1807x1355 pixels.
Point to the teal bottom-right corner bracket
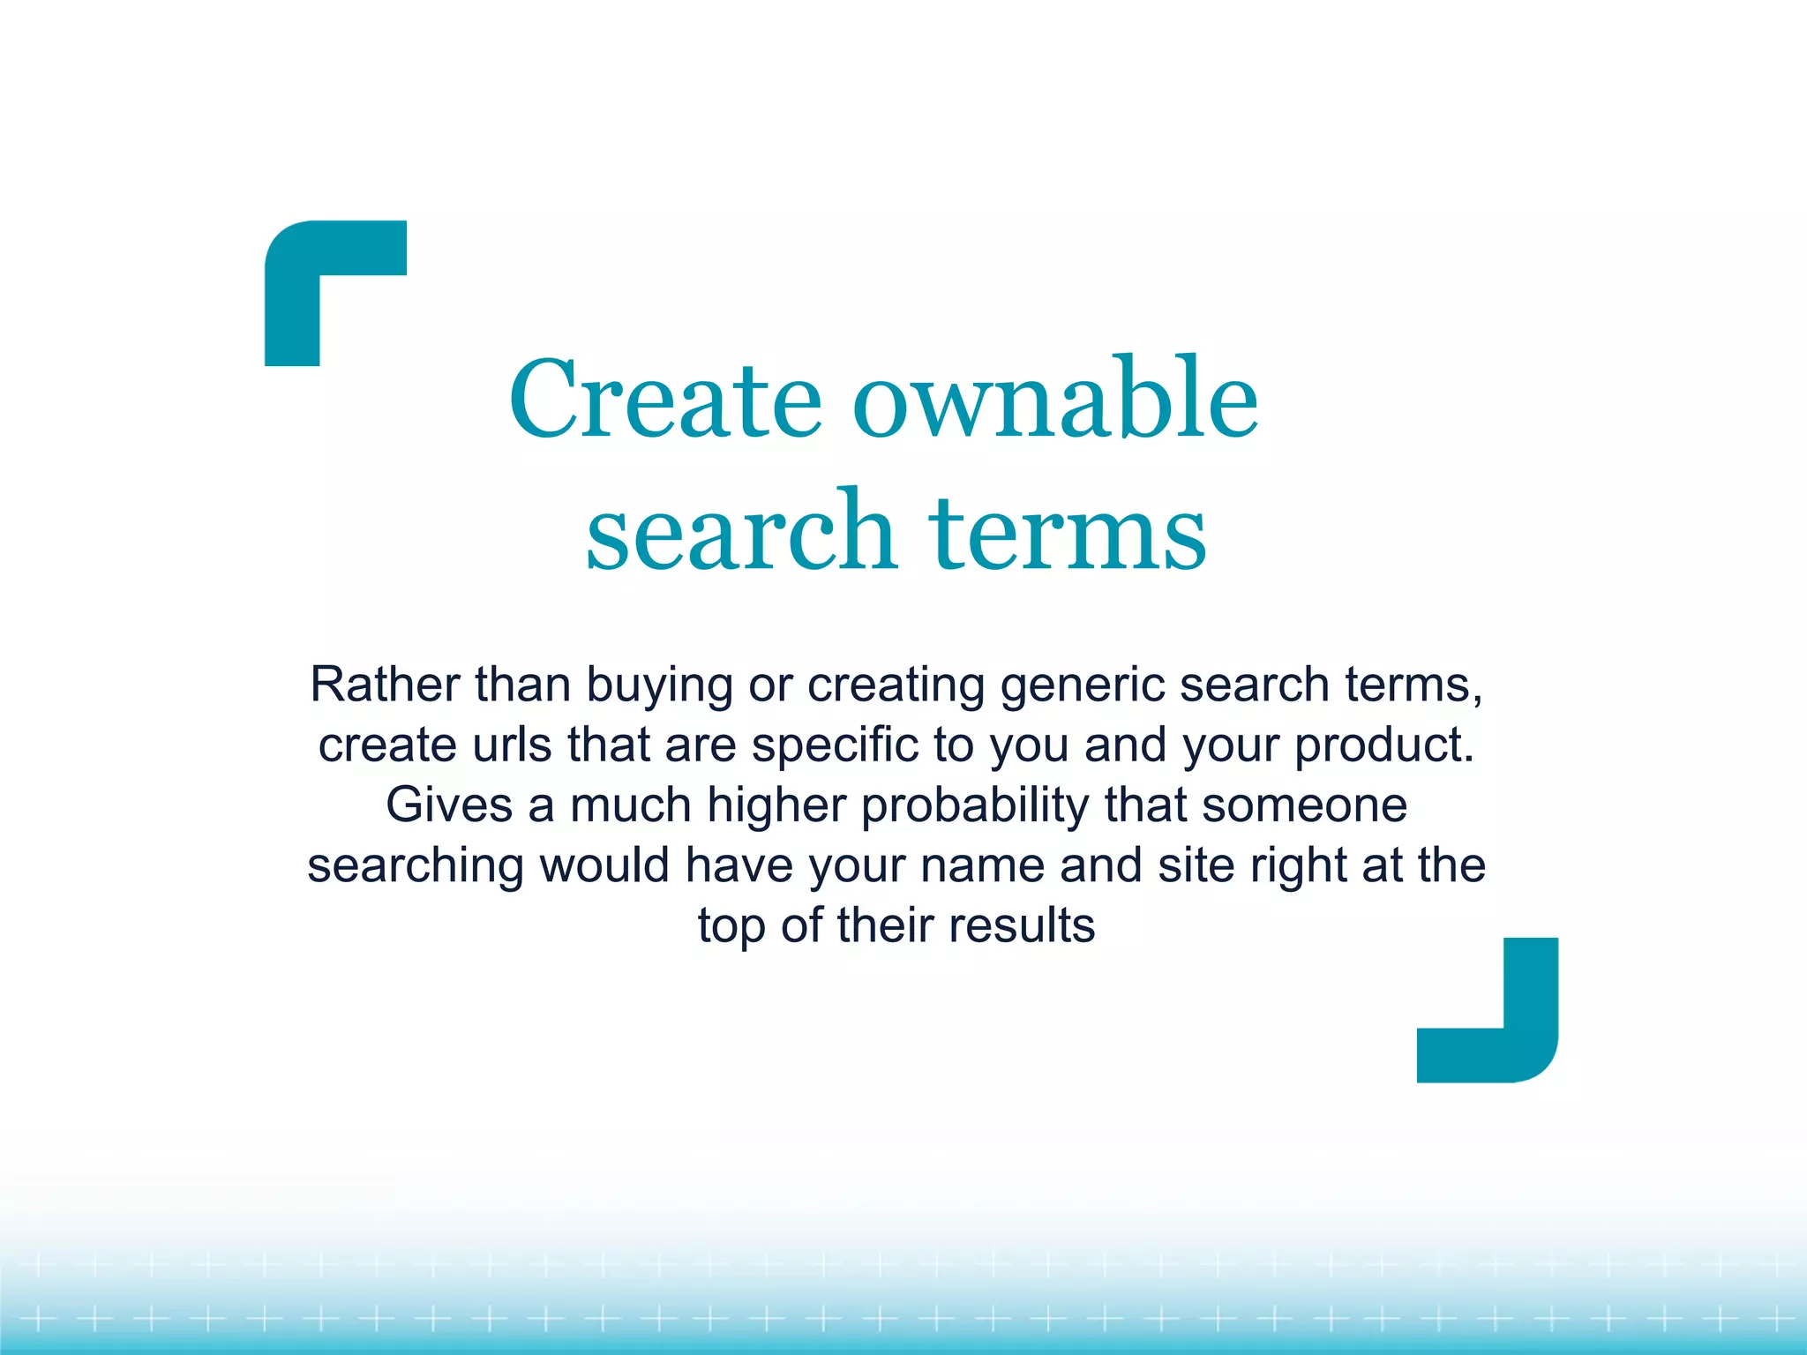click(1518, 1041)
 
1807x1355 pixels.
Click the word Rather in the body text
click(385, 685)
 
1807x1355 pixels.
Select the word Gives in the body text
click(449, 805)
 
